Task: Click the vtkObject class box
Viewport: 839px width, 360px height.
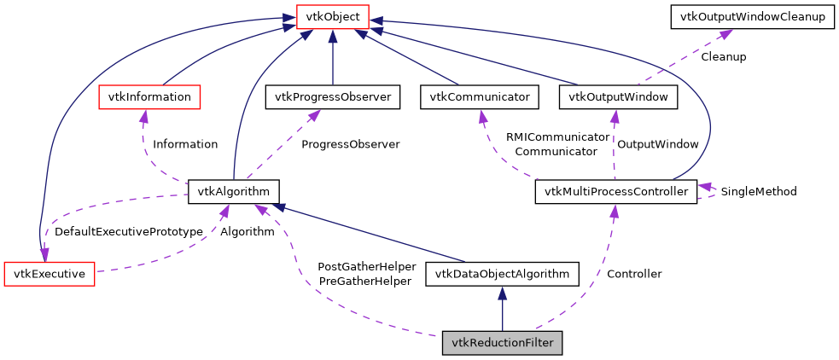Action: tap(332, 16)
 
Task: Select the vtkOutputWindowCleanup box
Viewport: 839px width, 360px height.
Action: tap(751, 16)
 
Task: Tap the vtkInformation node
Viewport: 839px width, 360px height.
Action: tap(149, 96)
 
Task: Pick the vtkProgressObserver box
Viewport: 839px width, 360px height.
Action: tap(332, 96)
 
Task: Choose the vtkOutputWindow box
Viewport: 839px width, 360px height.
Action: tap(618, 96)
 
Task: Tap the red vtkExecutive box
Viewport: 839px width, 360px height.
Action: tap(49, 274)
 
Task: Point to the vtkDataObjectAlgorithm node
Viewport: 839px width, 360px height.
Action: tap(502, 274)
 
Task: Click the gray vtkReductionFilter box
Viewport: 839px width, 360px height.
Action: tap(502, 343)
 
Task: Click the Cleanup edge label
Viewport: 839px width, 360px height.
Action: tap(723, 57)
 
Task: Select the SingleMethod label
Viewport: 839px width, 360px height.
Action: tap(758, 192)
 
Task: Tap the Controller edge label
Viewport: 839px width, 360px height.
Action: tap(633, 274)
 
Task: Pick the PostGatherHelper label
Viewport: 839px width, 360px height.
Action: tap(366, 266)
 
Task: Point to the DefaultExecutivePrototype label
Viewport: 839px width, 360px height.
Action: tap(128, 231)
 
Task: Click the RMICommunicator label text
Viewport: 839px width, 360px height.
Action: tap(557, 136)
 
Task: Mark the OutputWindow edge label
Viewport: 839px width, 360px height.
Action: tap(657, 144)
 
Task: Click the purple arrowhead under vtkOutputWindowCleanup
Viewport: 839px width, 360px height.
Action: tap(725, 35)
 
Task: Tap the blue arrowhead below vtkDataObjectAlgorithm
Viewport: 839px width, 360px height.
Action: tap(502, 293)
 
